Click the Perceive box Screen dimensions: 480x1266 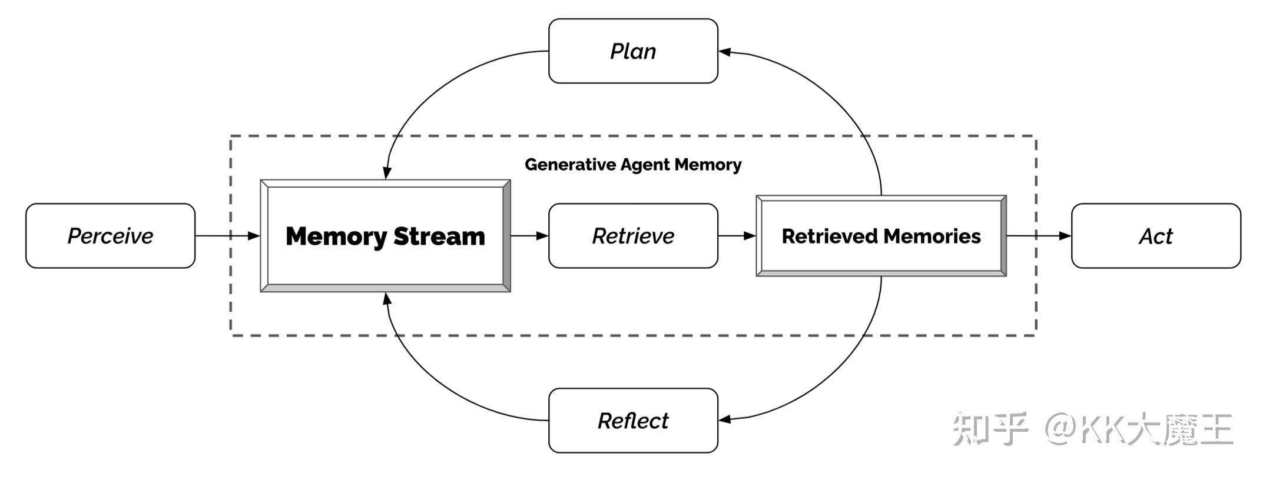110,236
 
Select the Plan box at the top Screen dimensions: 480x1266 633,51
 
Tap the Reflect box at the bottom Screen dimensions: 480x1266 633,421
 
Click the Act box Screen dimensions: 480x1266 1155,236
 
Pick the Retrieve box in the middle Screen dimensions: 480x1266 633,236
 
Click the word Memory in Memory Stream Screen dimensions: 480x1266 336,236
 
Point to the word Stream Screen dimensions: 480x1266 439,236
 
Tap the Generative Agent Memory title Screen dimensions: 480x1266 633,165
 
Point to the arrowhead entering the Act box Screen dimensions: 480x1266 1065,236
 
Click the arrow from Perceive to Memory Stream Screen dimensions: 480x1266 227,236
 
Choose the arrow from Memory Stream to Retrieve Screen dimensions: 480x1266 529,236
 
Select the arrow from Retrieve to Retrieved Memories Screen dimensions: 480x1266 737,236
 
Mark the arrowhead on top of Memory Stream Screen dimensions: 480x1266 387,172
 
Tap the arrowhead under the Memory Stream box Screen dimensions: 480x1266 387,299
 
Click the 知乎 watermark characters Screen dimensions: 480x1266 990,428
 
